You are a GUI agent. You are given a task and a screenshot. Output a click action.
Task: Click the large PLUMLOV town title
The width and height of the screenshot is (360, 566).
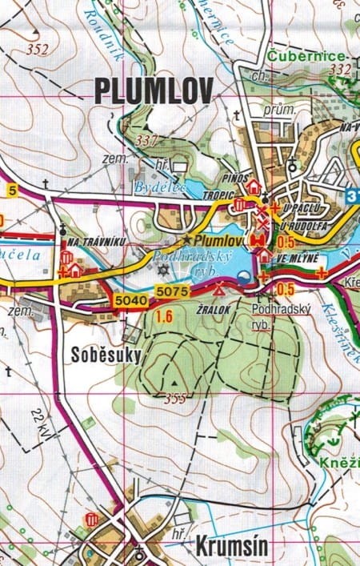coord(153,90)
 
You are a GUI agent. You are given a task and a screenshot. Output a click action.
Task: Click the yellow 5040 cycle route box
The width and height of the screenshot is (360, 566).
coord(130,299)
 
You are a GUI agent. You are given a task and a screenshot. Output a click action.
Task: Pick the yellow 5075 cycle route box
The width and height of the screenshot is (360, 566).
coord(170,291)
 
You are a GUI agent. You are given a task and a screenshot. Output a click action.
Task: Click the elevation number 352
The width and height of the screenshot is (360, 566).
coord(37,50)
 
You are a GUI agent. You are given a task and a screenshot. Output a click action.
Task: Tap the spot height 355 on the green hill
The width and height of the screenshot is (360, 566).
coord(175,398)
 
